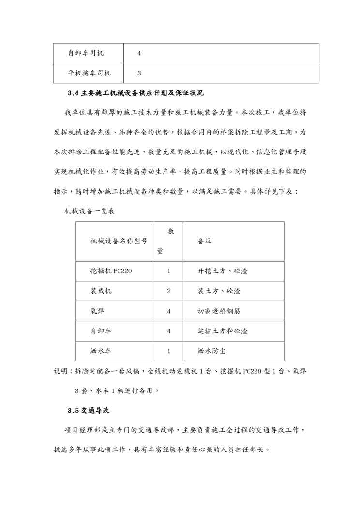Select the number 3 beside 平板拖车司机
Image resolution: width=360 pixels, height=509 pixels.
(x=139, y=74)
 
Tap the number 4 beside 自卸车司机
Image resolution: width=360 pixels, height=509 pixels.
(x=139, y=53)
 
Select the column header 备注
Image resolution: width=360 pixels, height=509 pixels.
(x=204, y=241)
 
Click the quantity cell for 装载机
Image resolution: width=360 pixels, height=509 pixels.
(x=169, y=291)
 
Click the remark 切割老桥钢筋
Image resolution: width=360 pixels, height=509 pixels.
(x=220, y=311)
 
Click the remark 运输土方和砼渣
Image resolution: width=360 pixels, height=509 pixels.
(x=223, y=331)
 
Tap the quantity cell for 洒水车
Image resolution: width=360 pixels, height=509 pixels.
(x=169, y=351)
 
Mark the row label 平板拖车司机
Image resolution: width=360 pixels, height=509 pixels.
(x=90, y=74)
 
